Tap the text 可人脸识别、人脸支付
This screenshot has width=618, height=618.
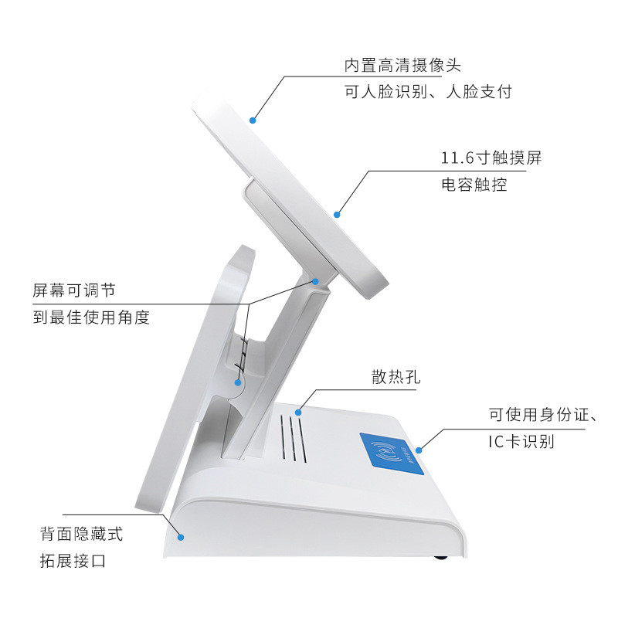pos(428,92)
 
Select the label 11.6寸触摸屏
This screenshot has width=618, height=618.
pos(491,158)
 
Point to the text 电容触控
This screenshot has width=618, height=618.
pos(474,185)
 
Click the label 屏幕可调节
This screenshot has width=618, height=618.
pos(74,290)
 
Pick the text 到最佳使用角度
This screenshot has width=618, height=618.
pos(91,317)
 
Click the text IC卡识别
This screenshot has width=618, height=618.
pos(521,441)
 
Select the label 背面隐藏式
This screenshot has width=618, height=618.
pos(81,534)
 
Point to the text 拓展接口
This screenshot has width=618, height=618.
pos(73,561)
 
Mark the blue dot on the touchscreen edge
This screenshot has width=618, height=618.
pos(337,213)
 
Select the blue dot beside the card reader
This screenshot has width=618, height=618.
pos(419,449)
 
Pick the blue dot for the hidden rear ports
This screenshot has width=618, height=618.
pos(182,536)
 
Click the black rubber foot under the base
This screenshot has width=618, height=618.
pos(440,557)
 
